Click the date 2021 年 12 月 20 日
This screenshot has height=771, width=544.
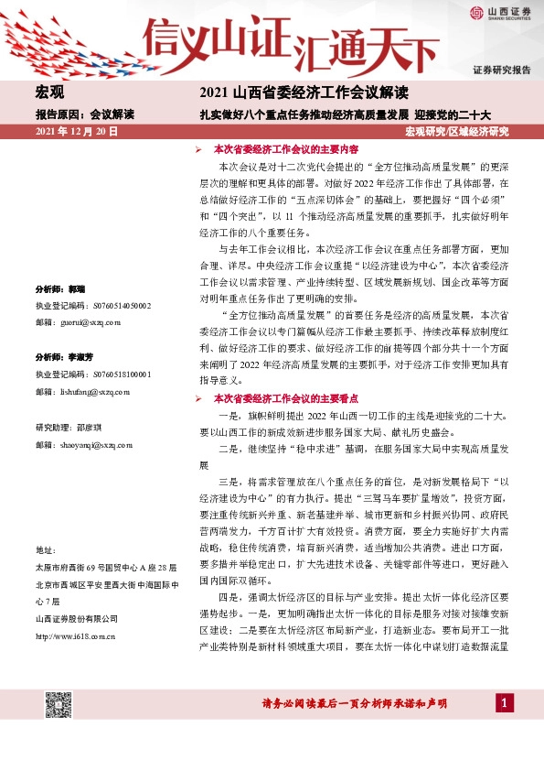(x=77, y=133)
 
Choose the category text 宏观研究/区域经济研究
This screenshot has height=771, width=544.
(x=456, y=133)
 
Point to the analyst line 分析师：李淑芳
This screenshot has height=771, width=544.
(x=65, y=356)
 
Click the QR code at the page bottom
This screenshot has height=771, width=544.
(x=59, y=706)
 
